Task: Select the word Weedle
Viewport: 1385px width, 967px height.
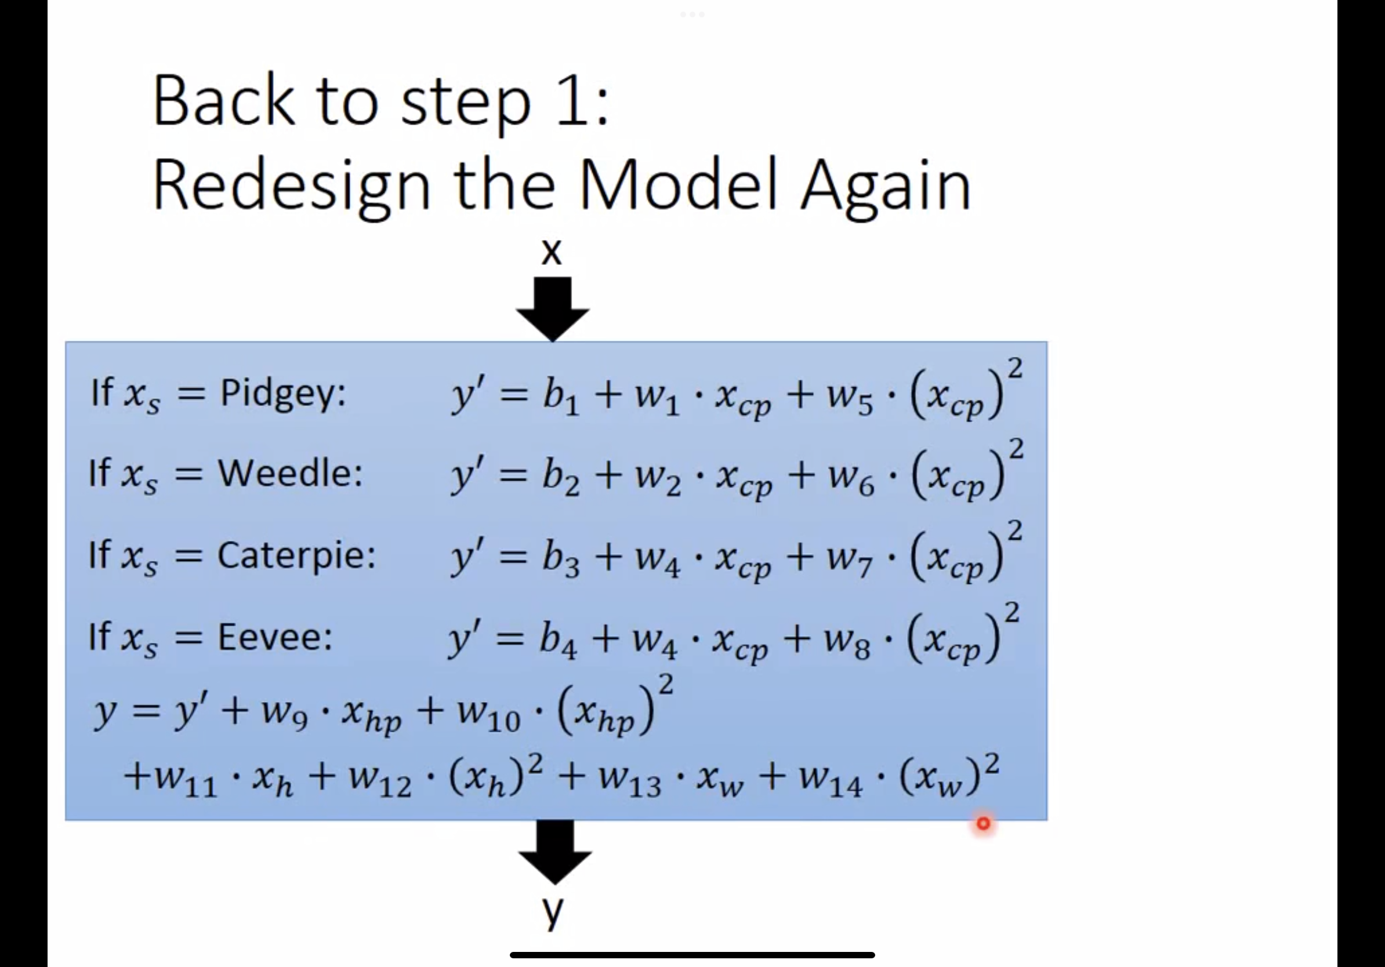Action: [289, 474]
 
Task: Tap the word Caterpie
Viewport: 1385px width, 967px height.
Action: [296, 555]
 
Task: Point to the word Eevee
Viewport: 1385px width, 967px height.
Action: [274, 637]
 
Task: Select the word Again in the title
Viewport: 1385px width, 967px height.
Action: [885, 183]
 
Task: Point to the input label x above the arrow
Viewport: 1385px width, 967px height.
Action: [552, 252]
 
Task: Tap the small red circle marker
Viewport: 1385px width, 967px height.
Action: [983, 824]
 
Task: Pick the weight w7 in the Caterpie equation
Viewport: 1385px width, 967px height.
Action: [850, 561]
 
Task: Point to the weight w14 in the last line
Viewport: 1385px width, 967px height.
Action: [831, 782]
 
